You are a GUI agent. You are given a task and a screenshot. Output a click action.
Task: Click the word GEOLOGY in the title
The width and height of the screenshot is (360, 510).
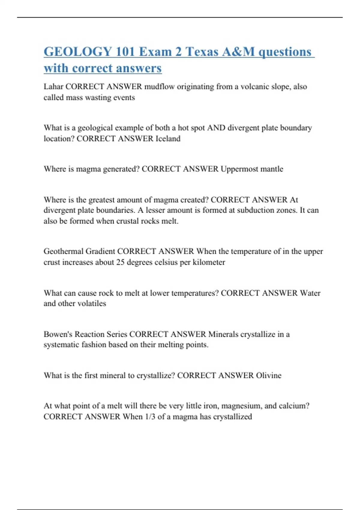pyautogui.click(x=78, y=52)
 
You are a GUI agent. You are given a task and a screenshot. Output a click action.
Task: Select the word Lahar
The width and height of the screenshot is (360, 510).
pyautogui.click(x=53, y=87)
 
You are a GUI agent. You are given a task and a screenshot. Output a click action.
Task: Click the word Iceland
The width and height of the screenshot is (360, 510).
pyautogui.click(x=168, y=139)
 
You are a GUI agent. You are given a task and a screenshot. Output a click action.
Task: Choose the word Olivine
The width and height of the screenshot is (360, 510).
pyautogui.click(x=268, y=375)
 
